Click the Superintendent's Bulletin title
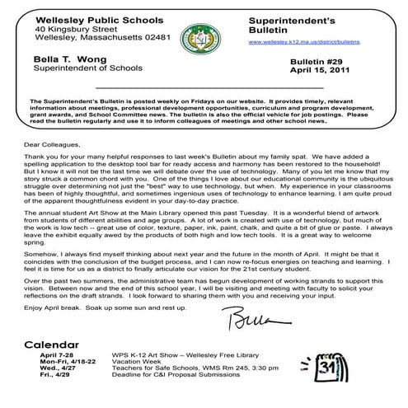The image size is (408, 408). coord(284,21)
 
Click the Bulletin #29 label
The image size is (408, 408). coord(320,62)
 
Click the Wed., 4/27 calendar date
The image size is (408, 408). coord(54,372)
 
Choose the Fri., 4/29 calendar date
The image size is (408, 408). coord(53,380)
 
